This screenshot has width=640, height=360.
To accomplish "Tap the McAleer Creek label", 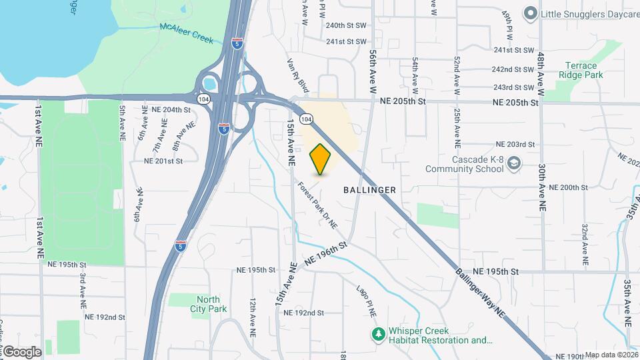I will tap(187, 33).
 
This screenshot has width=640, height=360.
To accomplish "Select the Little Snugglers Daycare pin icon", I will tap(531, 13).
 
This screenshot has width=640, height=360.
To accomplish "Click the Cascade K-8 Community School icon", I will tap(514, 163).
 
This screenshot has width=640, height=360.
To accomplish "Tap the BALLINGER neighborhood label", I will tap(369, 190).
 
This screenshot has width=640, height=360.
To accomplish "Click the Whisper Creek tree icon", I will tap(378, 333).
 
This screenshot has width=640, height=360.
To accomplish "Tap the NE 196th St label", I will tap(327, 254).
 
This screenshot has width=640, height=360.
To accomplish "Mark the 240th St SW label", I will tap(347, 25).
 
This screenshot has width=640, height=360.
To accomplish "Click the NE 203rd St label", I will tap(515, 145).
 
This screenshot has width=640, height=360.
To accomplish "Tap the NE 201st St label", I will tap(163, 161).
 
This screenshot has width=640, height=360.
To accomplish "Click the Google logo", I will tap(22, 351).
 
